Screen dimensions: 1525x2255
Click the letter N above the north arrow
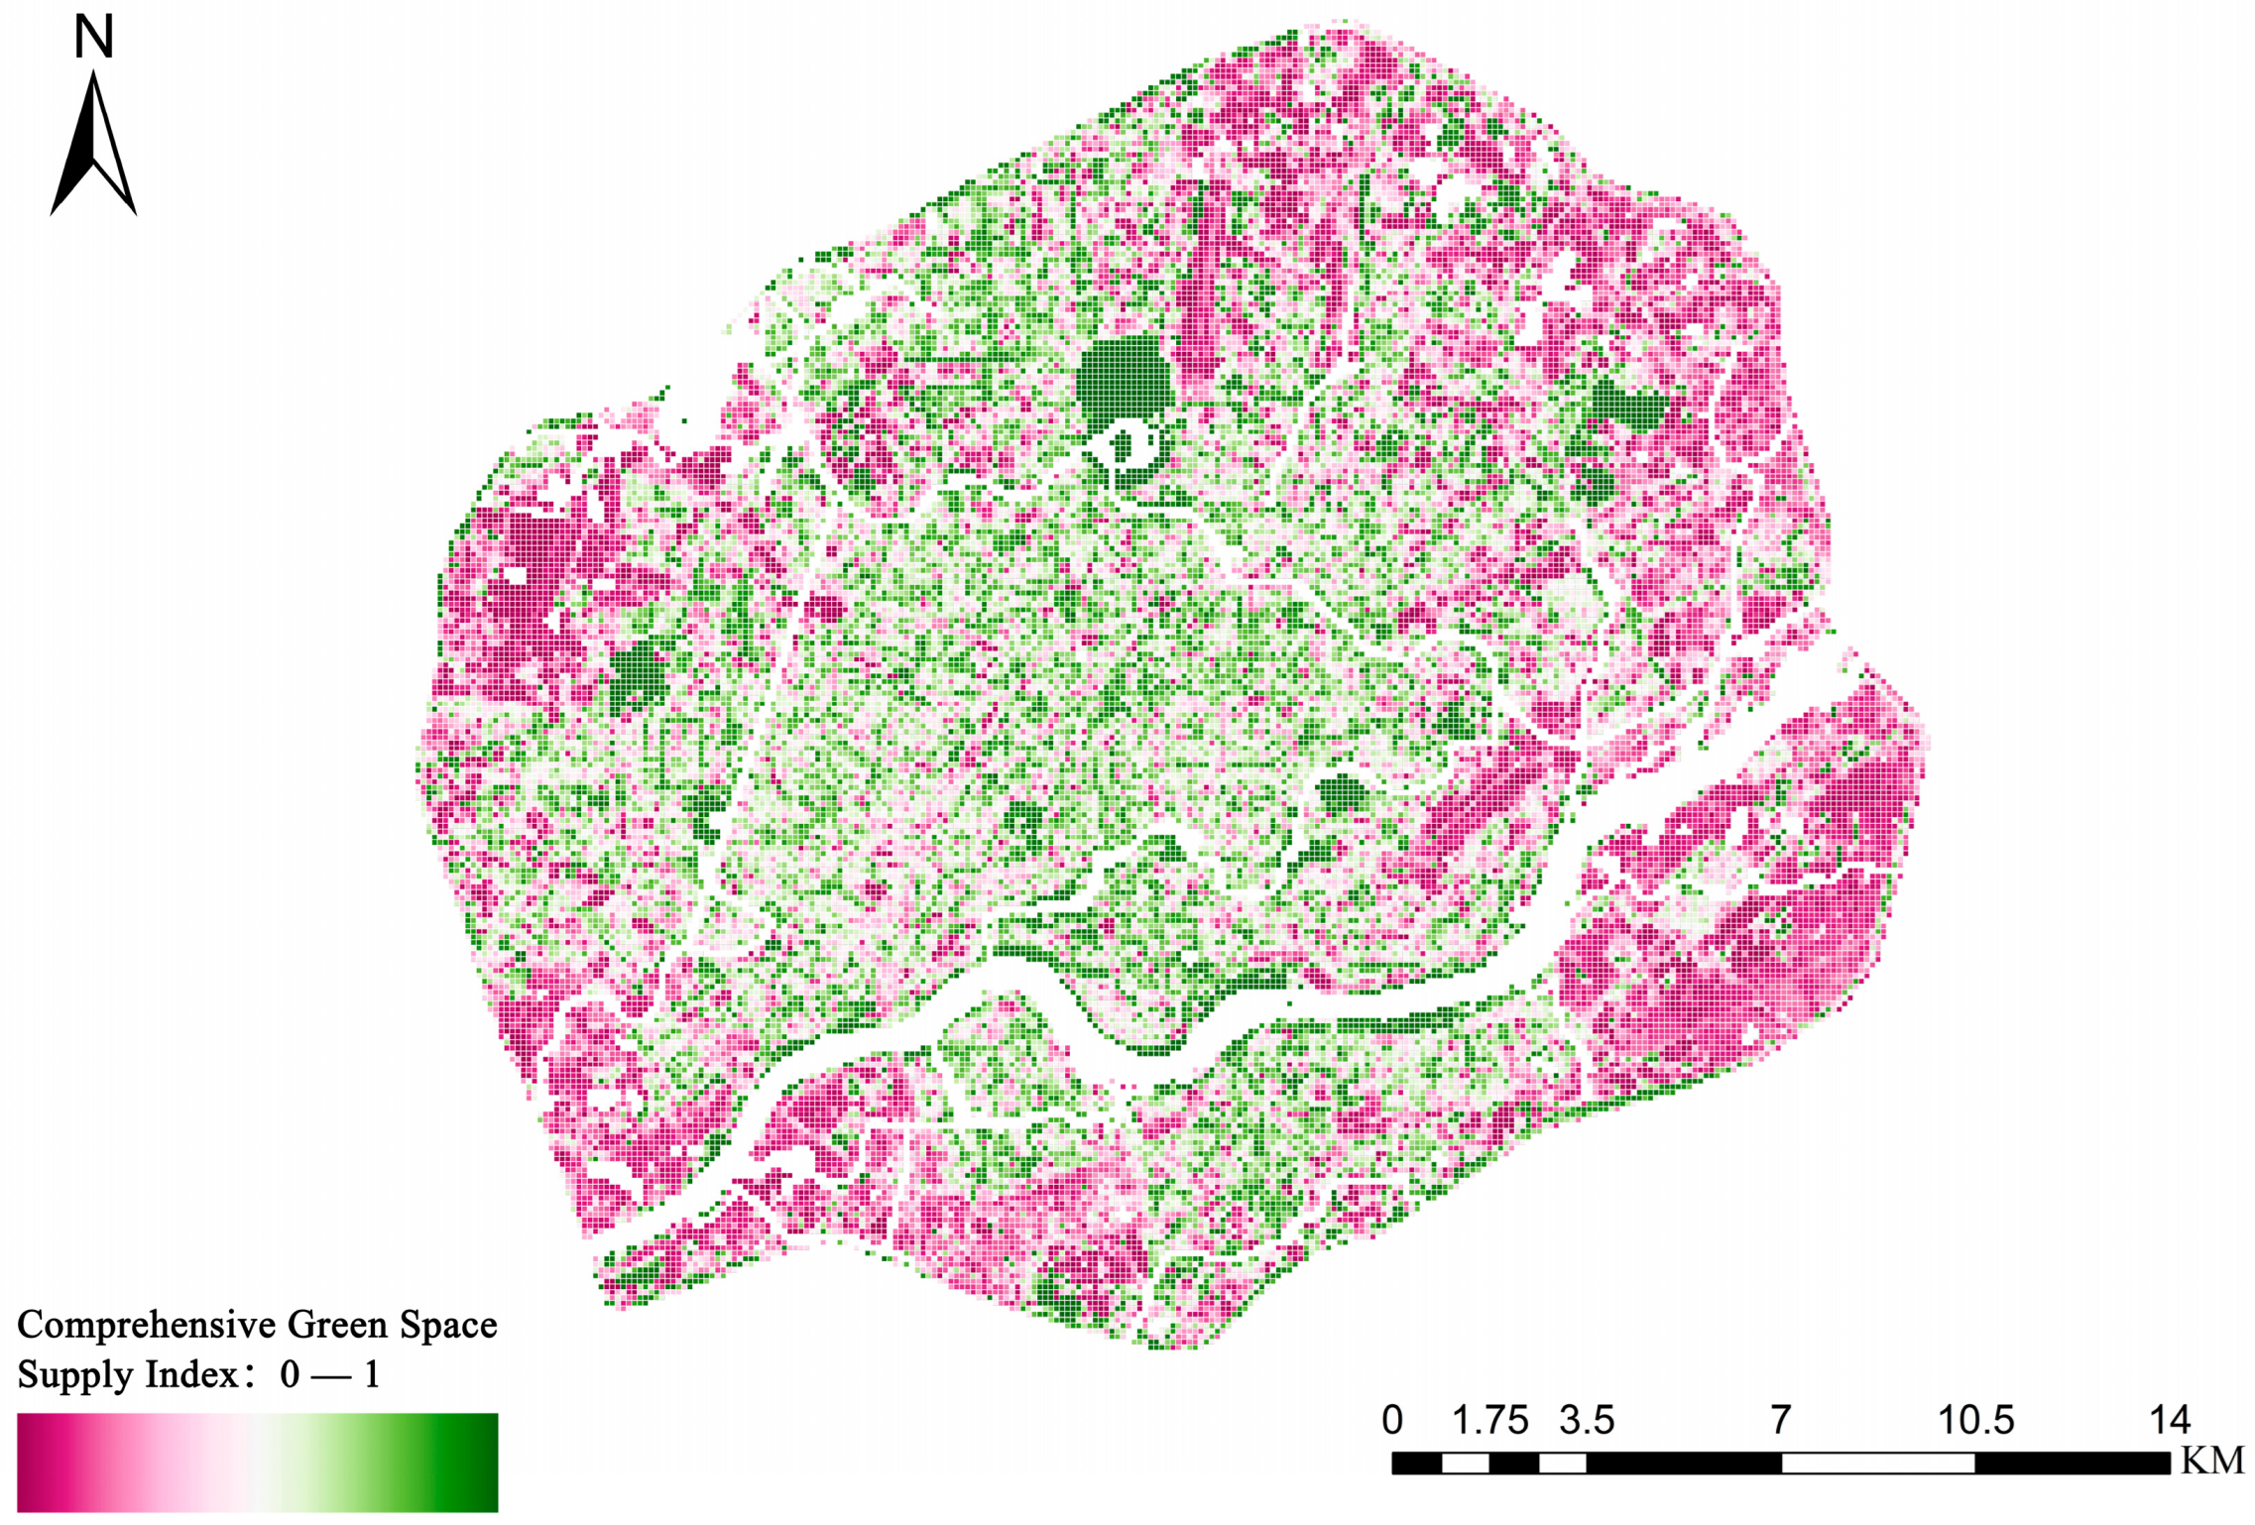(x=94, y=37)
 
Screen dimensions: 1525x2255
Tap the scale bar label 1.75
(x=1489, y=1421)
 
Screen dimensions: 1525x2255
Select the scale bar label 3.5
(x=1587, y=1421)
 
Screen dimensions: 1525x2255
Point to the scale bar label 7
(x=1781, y=1421)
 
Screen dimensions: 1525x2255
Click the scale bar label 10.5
(x=1975, y=1421)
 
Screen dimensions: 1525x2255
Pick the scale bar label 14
(x=2169, y=1421)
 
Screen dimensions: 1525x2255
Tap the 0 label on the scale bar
(x=1392, y=1421)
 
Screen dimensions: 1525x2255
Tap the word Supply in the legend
(x=74, y=1375)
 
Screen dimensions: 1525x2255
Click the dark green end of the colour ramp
(x=476, y=1463)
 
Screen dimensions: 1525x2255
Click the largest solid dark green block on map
(x=1124, y=382)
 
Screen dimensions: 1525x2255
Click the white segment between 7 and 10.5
(x=1877, y=1463)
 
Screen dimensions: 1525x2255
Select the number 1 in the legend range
(x=372, y=1375)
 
